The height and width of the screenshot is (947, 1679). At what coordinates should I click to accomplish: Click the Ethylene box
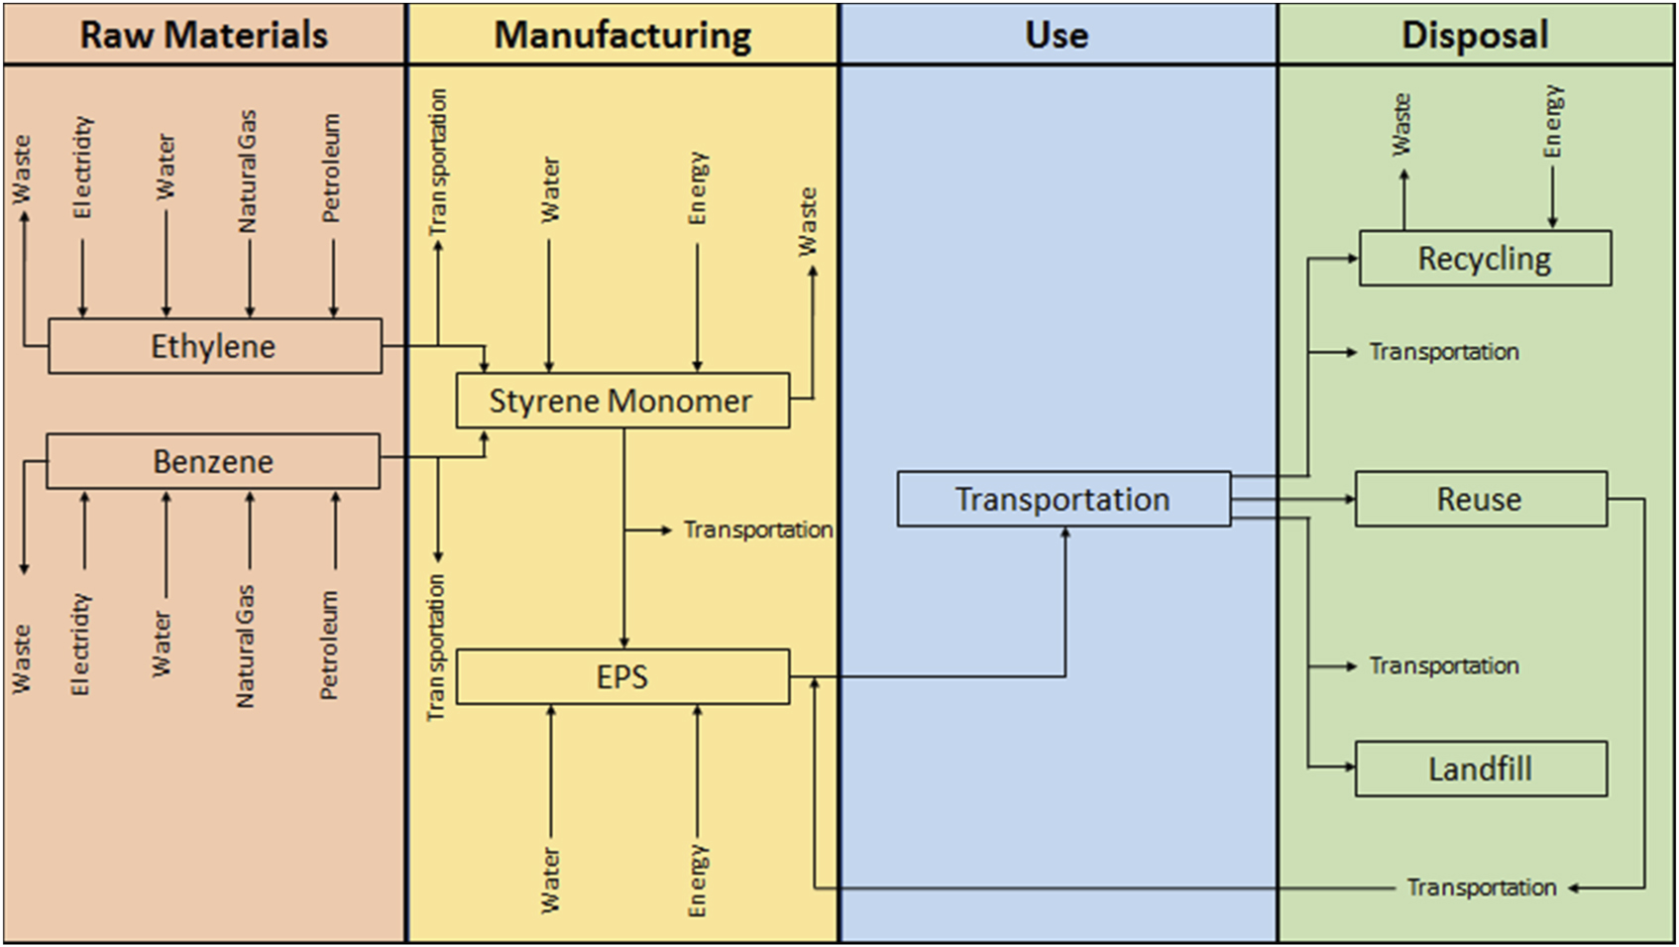click(214, 346)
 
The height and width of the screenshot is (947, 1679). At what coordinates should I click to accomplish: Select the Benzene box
click(213, 461)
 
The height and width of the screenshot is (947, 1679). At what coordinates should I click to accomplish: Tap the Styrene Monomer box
click(621, 401)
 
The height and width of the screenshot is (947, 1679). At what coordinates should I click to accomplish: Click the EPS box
click(622, 676)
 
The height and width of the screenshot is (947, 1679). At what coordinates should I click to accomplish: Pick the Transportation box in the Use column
click(1063, 499)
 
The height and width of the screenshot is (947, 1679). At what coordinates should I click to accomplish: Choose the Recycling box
click(1484, 259)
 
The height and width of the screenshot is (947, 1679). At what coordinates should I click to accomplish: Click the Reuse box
click(1480, 499)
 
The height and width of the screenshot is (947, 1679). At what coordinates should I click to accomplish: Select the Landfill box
click(1480, 769)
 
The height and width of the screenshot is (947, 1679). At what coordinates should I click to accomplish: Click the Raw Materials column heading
click(204, 35)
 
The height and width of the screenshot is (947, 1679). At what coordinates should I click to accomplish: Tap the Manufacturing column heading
click(622, 35)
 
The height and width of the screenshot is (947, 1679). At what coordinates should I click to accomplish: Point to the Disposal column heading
click(1475, 35)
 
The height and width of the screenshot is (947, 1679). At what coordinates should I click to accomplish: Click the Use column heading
click(1057, 35)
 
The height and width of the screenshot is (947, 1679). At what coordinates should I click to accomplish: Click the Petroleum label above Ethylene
click(331, 168)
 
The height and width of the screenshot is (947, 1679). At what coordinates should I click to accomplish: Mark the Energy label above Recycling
click(1553, 122)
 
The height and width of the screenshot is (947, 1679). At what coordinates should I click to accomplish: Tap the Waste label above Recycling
click(1401, 125)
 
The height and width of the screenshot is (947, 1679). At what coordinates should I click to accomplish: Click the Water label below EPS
click(550, 880)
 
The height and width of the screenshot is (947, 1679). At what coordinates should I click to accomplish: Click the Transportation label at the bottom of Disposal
click(1481, 888)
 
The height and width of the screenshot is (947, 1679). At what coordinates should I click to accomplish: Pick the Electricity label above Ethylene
click(82, 168)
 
